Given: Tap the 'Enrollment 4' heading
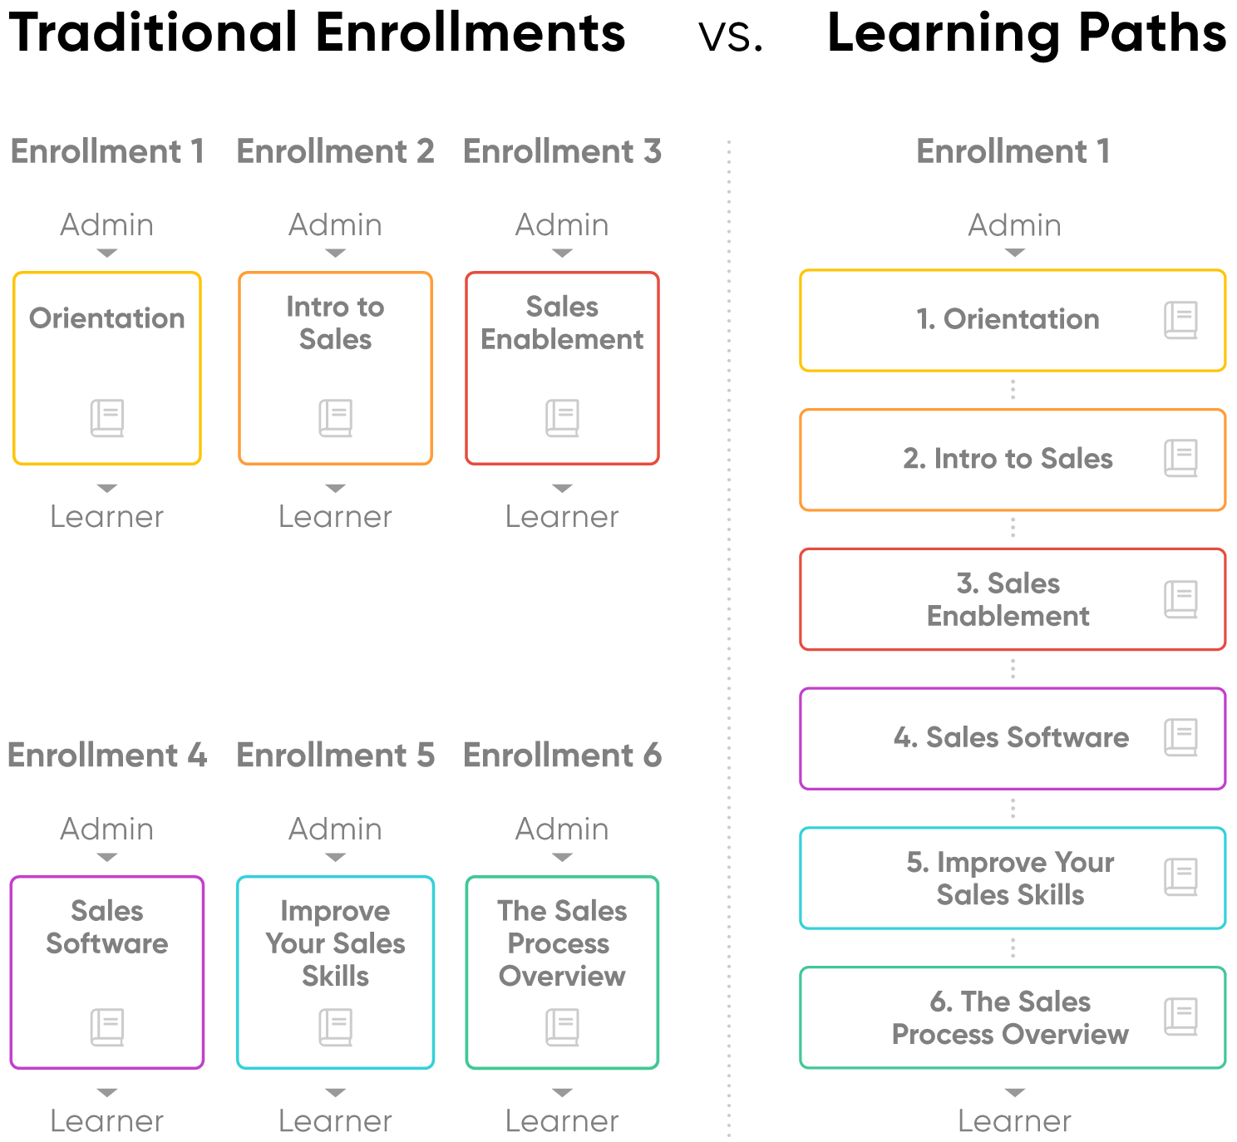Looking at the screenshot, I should coord(107,756).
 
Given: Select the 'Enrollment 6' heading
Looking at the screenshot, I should coord(562,756).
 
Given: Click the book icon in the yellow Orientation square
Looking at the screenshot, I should coord(107,418).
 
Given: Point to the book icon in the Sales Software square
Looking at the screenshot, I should coord(107,1027).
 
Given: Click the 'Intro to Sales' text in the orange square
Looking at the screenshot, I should coord(335,323).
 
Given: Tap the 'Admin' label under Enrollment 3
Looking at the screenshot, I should coord(562,225).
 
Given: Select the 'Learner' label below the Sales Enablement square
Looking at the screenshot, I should coord(562,517).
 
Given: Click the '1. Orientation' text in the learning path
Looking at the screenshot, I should coord(1008,319).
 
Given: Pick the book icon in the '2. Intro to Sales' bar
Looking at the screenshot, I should coord(1180,459).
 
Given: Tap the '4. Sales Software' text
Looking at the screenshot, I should coord(1011,737).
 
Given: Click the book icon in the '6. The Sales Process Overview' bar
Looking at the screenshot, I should coord(1180,1016).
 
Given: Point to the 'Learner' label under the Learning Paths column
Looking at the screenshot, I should coord(1014,1121).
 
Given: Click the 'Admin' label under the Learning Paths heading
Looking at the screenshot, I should coord(1014,225).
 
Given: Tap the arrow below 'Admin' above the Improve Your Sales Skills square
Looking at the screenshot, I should coord(335,858).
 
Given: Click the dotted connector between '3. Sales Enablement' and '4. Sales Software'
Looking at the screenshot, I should coord(1013,669).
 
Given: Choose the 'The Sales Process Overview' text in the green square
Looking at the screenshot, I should coord(562,943).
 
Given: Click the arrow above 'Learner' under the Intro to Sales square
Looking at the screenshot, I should coord(335,488).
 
